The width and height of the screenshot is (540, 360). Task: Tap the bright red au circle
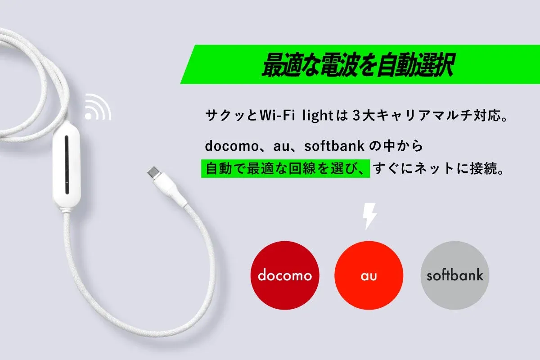369,274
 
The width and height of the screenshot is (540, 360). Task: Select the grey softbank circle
454,274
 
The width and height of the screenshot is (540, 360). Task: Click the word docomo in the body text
229,146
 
